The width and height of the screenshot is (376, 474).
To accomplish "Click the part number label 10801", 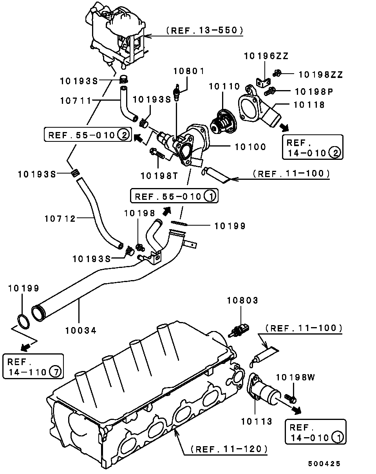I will [x=189, y=71].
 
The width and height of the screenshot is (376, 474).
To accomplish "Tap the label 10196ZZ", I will [x=266, y=56].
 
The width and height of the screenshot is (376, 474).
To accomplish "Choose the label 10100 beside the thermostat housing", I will [x=250, y=147].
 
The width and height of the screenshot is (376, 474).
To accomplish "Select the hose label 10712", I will [x=60, y=218].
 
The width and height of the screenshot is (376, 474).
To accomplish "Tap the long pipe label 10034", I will [x=81, y=330].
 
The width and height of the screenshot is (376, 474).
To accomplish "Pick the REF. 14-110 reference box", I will [x=33, y=366].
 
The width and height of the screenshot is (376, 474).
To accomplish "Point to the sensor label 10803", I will [x=243, y=301].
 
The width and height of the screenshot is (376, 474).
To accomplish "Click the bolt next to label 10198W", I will [x=292, y=398].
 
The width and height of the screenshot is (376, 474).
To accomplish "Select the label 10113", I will [x=257, y=422].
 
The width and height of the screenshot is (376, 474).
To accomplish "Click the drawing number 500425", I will [x=324, y=463].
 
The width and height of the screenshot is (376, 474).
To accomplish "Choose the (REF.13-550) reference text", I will [x=204, y=30].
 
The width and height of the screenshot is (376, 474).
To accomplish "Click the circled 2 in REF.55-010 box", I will [x=123, y=136].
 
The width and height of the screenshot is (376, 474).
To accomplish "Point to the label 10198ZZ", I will [x=321, y=74].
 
